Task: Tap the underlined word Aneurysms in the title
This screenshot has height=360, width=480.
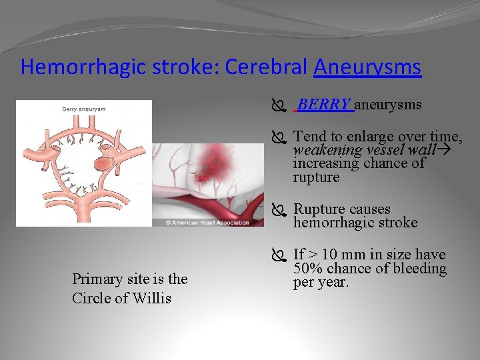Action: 367,67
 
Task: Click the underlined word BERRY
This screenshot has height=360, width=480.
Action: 324,105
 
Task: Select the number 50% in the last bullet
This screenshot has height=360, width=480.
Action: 308,269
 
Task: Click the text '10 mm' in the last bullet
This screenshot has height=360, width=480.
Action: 337,255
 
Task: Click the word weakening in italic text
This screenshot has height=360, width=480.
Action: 323,150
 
